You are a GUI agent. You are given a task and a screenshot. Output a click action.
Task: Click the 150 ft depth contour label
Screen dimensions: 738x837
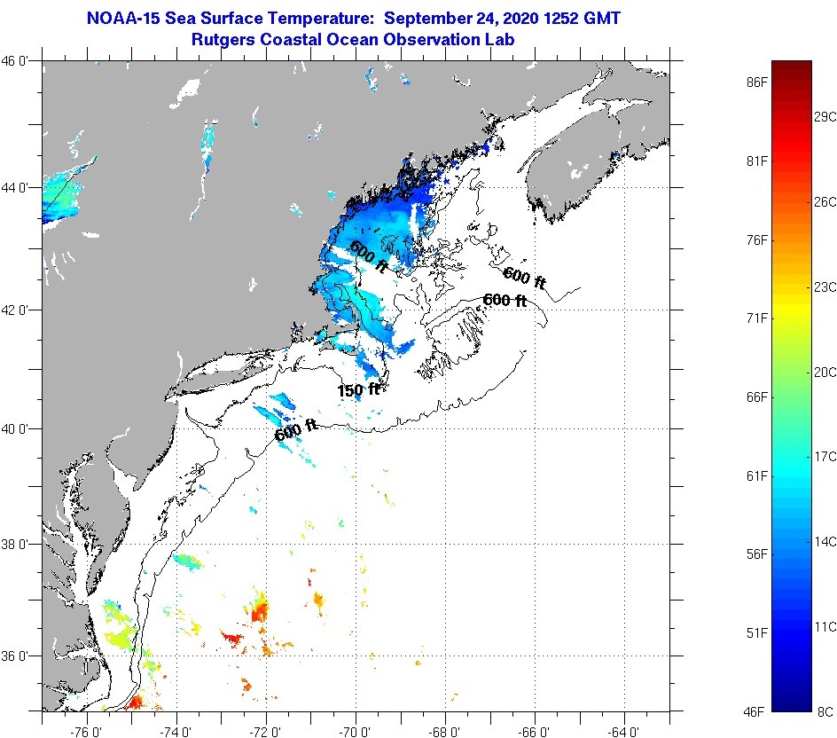pyautogui.click(x=358, y=389)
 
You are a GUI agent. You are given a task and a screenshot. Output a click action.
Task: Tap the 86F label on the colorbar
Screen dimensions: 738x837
pyautogui.click(x=756, y=82)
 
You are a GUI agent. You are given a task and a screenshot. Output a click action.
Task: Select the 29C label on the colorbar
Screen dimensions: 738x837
pyautogui.click(x=825, y=117)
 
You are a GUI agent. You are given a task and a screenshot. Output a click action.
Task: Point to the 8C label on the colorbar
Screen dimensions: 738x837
pyautogui.click(x=825, y=711)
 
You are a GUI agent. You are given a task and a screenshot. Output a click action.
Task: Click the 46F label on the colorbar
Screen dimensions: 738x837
pyautogui.click(x=756, y=711)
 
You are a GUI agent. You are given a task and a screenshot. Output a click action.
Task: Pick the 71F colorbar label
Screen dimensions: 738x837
pyautogui.click(x=756, y=318)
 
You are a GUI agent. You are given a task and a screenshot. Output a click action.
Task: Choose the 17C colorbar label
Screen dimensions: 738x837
pyautogui.click(x=825, y=456)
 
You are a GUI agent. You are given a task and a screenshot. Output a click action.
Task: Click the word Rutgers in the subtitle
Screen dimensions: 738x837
pyautogui.click(x=224, y=40)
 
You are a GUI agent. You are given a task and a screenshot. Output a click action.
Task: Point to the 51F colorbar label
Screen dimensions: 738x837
pyautogui.click(x=756, y=632)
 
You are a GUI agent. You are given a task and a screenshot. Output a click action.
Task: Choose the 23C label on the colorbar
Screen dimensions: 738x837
pyautogui.click(x=825, y=287)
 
